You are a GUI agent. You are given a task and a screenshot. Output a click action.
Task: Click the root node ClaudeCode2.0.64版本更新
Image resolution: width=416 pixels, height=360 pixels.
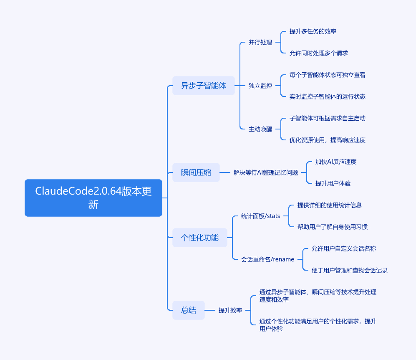point(93,198)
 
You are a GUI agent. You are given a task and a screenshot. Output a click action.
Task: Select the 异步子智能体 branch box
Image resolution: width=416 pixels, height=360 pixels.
point(204,86)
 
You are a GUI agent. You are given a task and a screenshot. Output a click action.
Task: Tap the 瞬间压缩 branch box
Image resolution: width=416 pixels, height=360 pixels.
point(196,172)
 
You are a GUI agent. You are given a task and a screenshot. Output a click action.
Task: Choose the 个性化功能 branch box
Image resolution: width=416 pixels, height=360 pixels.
point(200,238)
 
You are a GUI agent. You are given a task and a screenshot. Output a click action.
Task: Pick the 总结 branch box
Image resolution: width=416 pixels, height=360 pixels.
point(189,310)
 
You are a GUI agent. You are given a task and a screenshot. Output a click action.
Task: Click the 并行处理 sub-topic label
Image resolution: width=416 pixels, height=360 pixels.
point(260,42)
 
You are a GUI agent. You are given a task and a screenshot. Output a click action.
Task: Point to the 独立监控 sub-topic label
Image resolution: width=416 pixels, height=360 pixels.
point(260,86)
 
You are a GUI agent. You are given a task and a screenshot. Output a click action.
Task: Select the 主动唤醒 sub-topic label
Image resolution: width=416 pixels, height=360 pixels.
point(260,129)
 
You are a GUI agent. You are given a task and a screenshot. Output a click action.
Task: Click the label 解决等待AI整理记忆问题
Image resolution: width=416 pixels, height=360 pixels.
point(266,172)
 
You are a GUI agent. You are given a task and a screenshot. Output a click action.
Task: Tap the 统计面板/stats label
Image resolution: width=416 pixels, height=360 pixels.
point(260,216)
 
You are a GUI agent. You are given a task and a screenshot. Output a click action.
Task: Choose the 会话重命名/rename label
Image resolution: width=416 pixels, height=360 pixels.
point(267,259)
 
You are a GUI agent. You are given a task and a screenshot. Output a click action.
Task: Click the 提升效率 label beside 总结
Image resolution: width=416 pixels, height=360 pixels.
point(230,310)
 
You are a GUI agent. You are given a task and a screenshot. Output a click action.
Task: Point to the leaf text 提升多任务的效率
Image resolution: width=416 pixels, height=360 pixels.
point(313,31)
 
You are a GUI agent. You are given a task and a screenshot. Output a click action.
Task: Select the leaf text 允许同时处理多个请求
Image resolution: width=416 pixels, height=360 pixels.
point(319,53)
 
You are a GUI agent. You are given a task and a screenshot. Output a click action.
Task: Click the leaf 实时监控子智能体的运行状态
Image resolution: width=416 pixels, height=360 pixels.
point(328,96)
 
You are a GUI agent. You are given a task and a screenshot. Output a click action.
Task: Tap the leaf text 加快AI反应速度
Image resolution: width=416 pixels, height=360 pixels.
point(336,162)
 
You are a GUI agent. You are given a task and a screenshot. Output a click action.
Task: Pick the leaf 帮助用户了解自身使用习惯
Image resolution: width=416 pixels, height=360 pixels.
point(333,227)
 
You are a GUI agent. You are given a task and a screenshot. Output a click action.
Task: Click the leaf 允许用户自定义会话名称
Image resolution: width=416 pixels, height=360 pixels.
point(344,248)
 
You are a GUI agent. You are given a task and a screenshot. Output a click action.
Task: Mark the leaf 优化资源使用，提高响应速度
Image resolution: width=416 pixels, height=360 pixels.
point(328,140)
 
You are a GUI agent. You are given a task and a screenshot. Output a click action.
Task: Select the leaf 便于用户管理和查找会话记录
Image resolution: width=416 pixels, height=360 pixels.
point(350,270)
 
